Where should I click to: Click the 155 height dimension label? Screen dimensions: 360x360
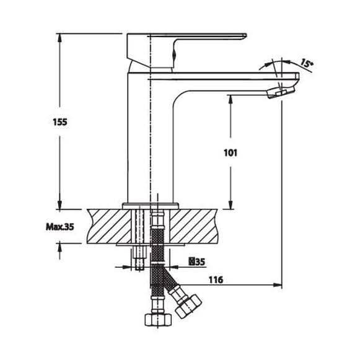pos(60,121)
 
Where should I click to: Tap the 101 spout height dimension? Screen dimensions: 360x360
pos(230,153)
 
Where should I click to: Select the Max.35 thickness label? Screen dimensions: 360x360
pos(60,227)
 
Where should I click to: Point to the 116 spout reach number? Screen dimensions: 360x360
pos(216,279)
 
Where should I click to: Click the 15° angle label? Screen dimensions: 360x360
pos(307,63)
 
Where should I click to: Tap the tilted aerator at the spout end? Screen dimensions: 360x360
pos(281,91)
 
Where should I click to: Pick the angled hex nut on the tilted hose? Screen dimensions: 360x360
pos(188,307)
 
